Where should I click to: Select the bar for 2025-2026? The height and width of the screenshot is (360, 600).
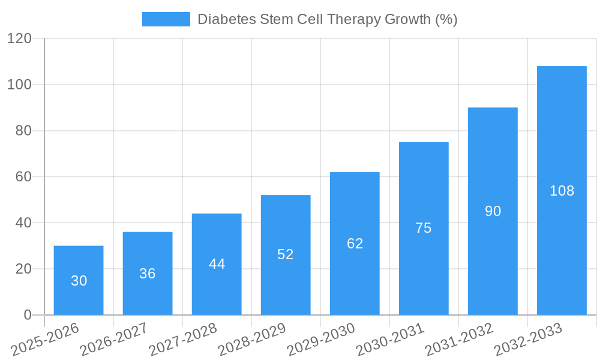(x=79, y=280)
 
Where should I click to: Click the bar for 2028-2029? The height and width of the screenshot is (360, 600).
(x=286, y=255)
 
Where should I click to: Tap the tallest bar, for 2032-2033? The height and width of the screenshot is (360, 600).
(x=562, y=190)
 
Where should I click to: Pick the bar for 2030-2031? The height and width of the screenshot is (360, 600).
(x=424, y=228)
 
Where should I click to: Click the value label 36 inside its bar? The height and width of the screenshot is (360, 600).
(x=148, y=274)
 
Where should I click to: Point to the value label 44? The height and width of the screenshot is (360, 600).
(x=217, y=264)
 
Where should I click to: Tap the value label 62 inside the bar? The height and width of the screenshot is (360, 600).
(x=355, y=244)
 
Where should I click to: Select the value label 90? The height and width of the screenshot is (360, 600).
(x=493, y=211)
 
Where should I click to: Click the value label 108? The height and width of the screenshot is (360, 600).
(x=562, y=191)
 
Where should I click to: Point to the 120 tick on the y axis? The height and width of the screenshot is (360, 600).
(x=19, y=38)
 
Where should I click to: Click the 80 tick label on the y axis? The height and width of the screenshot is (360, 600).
(x=23, y=131)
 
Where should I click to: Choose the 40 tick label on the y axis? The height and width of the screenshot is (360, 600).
(x=23, y=223)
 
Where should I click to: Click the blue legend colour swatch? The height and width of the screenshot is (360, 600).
(x=166, y=19)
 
